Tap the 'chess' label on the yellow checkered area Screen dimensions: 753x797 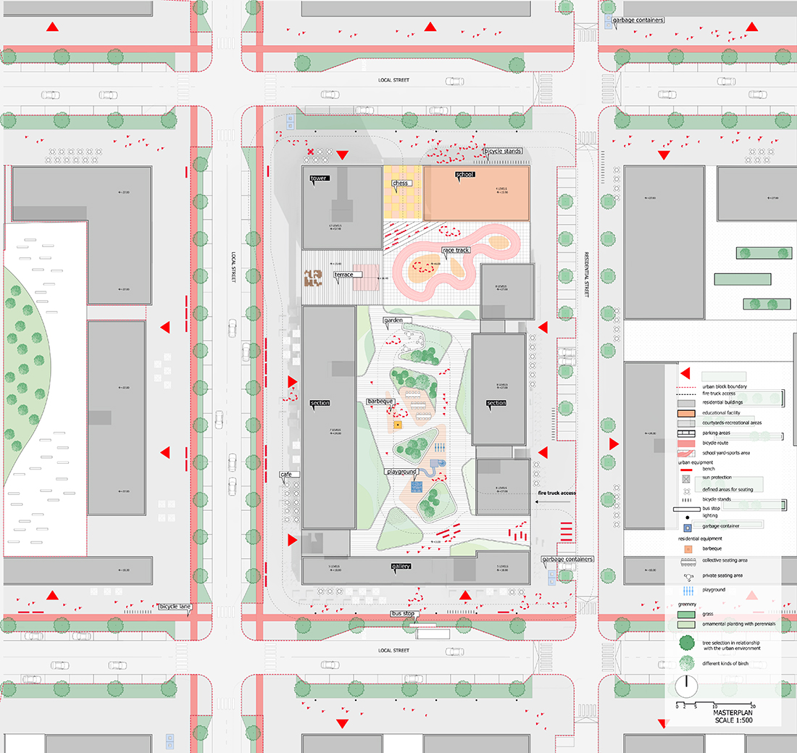click(x=401, y=183)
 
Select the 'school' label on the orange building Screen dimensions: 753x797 click(x=464, y=175)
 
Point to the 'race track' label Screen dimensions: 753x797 click(x=456, y=251)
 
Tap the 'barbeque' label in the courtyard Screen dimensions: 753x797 click(x=380, y=401)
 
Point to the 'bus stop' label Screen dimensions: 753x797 click(x=402, y=614)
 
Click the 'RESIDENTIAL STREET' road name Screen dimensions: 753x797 click(x=588, y=275)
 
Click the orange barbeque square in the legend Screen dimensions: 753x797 click(x=685, y=548)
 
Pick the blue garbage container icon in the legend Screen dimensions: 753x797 click(x=685, y=525)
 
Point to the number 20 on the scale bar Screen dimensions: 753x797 click(x=754, y=705)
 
